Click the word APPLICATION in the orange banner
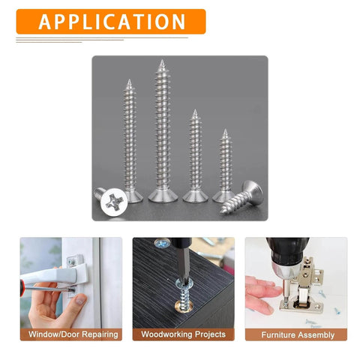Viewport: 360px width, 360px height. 112,22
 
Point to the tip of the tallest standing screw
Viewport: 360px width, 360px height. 160,61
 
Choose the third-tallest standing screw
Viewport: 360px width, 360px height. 194,157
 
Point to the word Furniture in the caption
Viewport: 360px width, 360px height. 278,334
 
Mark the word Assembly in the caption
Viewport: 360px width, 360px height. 316,334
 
